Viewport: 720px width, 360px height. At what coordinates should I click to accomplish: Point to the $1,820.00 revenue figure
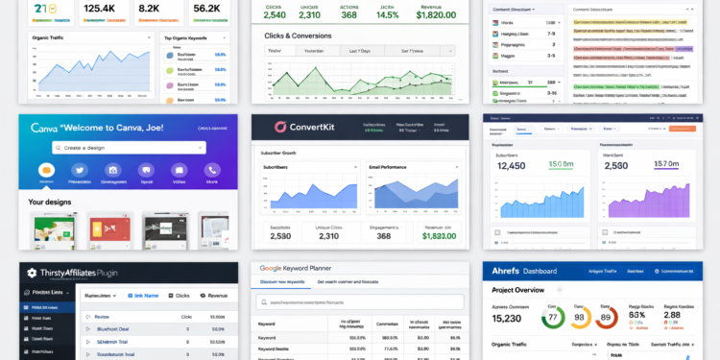[x=437, y=14]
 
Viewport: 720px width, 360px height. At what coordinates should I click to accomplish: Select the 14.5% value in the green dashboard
[x=388, y=14]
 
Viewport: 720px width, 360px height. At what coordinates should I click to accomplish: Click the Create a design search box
[x=129, y=148]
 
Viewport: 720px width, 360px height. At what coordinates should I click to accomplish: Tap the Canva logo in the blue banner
[x=44, y=127]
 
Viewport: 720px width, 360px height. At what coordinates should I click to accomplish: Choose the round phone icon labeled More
[x=212, y=170]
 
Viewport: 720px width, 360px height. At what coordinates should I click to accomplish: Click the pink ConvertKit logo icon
[x=281, y=127]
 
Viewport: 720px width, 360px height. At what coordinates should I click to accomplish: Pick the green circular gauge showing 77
[x=553, y=317]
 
